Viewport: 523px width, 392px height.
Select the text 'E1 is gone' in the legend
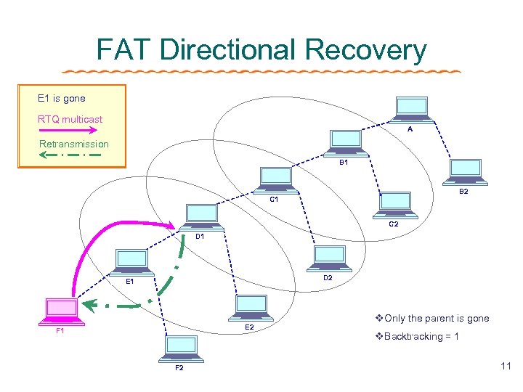(62, 98)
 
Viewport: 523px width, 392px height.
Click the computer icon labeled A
(410, 109)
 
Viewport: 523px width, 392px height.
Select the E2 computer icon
(250, 308)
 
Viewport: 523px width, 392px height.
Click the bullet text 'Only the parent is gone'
(436, 318)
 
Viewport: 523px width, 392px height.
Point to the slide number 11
(506, 367)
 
